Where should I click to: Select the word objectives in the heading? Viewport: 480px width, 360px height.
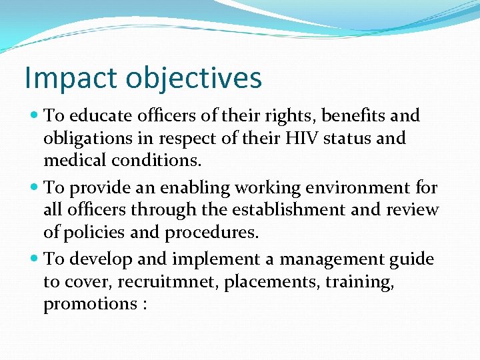point(194,79)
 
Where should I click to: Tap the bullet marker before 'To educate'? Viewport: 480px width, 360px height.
point(34,115)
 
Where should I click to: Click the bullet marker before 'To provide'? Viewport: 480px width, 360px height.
point(34,187)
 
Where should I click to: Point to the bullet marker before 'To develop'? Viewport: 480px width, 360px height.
point(34,259)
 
